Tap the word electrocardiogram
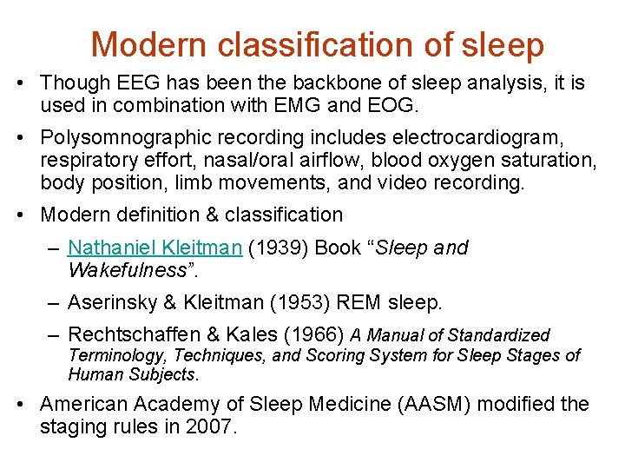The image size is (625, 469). point(491,137)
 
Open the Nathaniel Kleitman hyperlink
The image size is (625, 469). point(155,248)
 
